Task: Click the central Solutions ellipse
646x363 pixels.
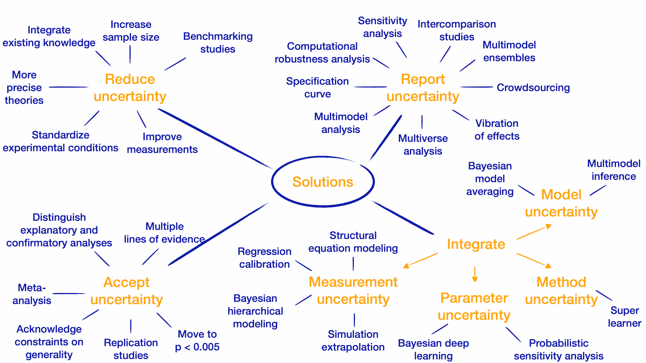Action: (x=323, y=182)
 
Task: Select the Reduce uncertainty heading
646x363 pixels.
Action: (x=130, y=88)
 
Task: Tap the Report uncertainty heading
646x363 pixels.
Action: (x=423, y=88)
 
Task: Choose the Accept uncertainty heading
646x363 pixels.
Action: (x=127, y=291)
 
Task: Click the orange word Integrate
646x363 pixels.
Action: (x=476, y=244)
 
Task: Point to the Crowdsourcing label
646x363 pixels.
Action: (x=533, y=88)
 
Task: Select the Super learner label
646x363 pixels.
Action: (x=624, y=317)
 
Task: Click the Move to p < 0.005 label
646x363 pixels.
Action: (x=197, y=340)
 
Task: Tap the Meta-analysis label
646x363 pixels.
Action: (x=32, y=294)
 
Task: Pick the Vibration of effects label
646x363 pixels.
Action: (x=497, y=130)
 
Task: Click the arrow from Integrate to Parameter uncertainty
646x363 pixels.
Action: (x=475, y=274)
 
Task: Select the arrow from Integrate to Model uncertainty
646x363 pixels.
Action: (x=534, y=232)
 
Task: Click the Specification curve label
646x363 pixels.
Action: (x=317, y=87)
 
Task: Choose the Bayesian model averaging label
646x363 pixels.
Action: (x=490, y=179)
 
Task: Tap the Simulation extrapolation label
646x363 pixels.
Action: (x=353, y=340)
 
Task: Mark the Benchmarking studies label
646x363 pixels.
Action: (x=218, y=43)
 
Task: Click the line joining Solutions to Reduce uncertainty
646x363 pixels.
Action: (x=215, y=138)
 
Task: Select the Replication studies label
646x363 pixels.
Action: (x=131, y=349)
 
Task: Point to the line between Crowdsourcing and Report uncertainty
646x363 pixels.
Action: (x=476, y=87)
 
